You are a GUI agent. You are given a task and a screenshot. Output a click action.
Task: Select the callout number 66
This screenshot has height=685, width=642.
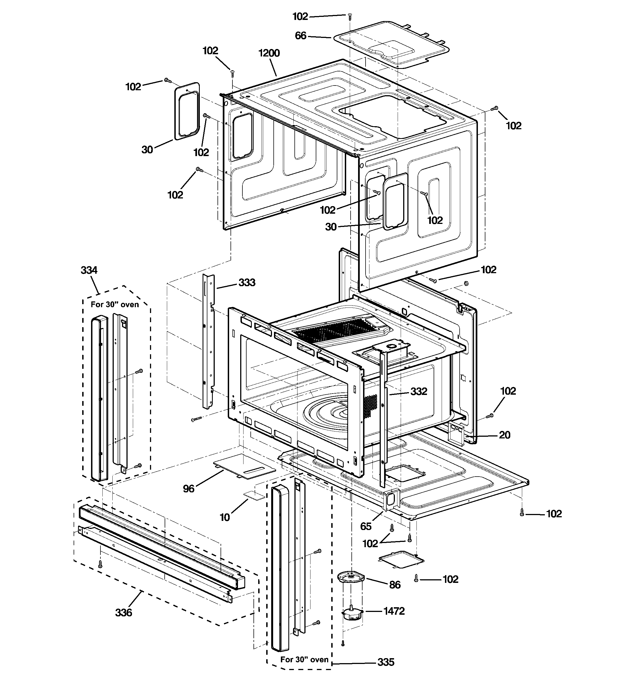(x=301, y=36)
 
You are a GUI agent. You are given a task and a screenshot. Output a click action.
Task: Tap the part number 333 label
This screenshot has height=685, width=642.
(x=247, y=283)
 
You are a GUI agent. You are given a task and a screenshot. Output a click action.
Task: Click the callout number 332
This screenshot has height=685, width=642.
(x=419, y=391)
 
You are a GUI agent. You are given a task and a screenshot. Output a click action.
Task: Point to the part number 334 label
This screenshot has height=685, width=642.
(x=89, y=270)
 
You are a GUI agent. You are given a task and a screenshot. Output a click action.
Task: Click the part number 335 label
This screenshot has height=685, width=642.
(x=385, y=662)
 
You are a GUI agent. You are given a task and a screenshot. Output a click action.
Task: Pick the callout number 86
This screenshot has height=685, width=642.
(x=395, y=585)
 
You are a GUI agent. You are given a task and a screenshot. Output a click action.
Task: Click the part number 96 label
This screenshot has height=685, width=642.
(x=188, y=488)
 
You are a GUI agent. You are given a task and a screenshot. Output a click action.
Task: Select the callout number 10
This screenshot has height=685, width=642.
(x=225, y=517)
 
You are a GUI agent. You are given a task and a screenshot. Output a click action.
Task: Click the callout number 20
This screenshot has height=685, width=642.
(x=504, y=435)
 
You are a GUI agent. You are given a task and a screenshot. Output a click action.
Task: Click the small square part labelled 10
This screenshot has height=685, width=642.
(x=254, y=495)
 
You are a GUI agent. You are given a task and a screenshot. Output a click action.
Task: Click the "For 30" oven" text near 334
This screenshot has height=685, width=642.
(x=115, y=305)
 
